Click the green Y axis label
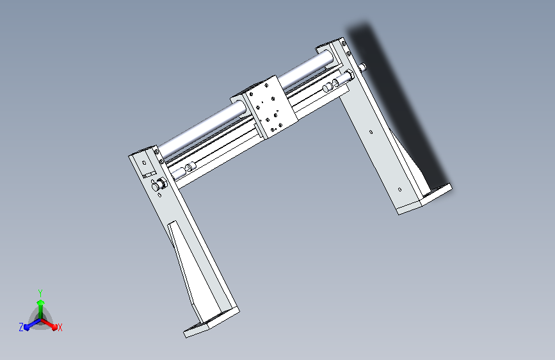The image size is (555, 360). tap(40, 291)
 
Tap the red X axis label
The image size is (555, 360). tap(60, 327)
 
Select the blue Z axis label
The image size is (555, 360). tap(21, 327)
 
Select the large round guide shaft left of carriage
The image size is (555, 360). tap(198, 131)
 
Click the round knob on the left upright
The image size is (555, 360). tap(158, 186)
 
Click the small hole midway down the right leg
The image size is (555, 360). tap(372, 133)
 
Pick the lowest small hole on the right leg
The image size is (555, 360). tap(400, 189)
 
